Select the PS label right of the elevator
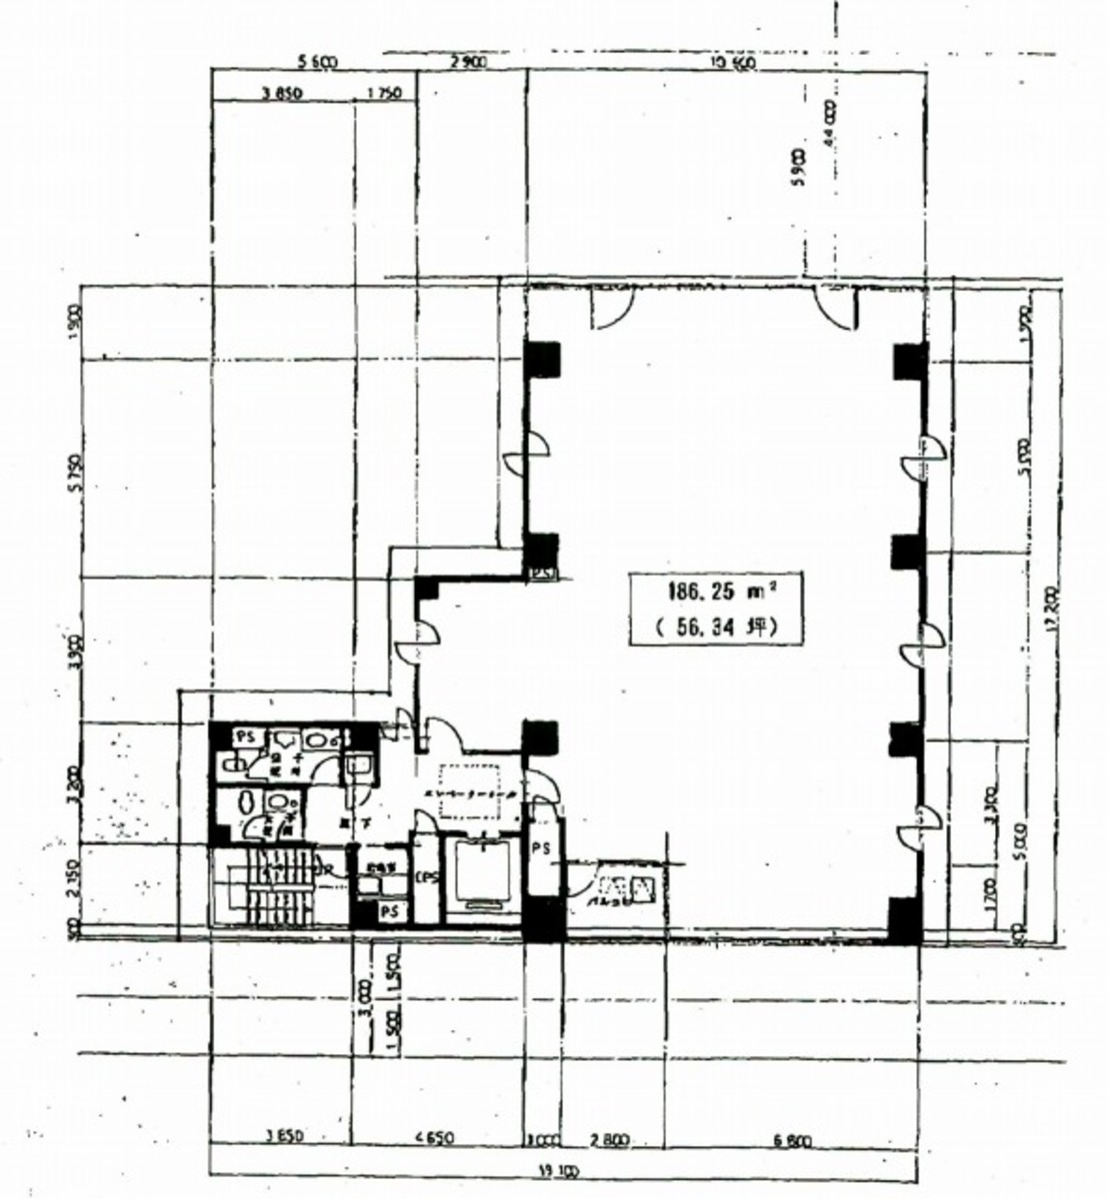pos(541,848)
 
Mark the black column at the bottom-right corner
pos(905,920)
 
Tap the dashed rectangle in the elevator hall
pos(469,788)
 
